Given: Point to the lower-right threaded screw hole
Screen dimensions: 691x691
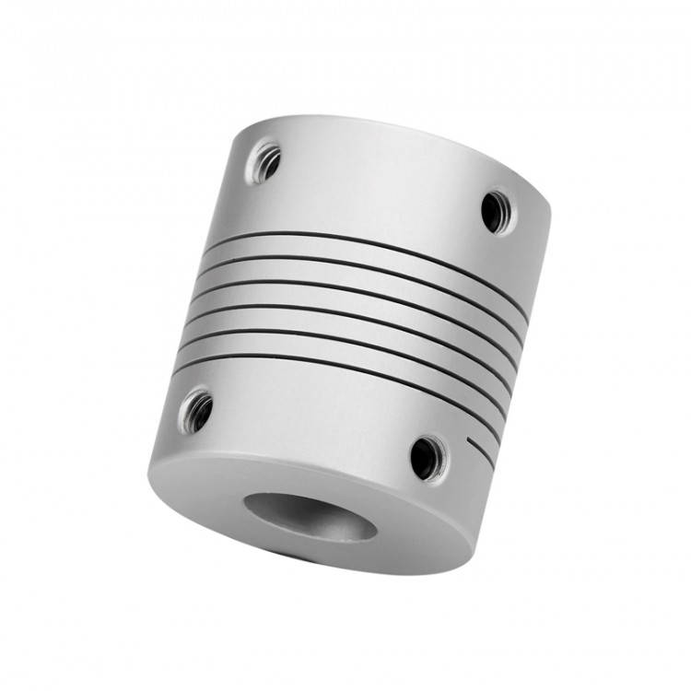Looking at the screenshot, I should click(425, 456).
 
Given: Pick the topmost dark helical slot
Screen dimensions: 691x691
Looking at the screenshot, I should click(369, 241).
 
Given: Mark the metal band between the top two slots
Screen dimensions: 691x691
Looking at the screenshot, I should click(369, 251).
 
